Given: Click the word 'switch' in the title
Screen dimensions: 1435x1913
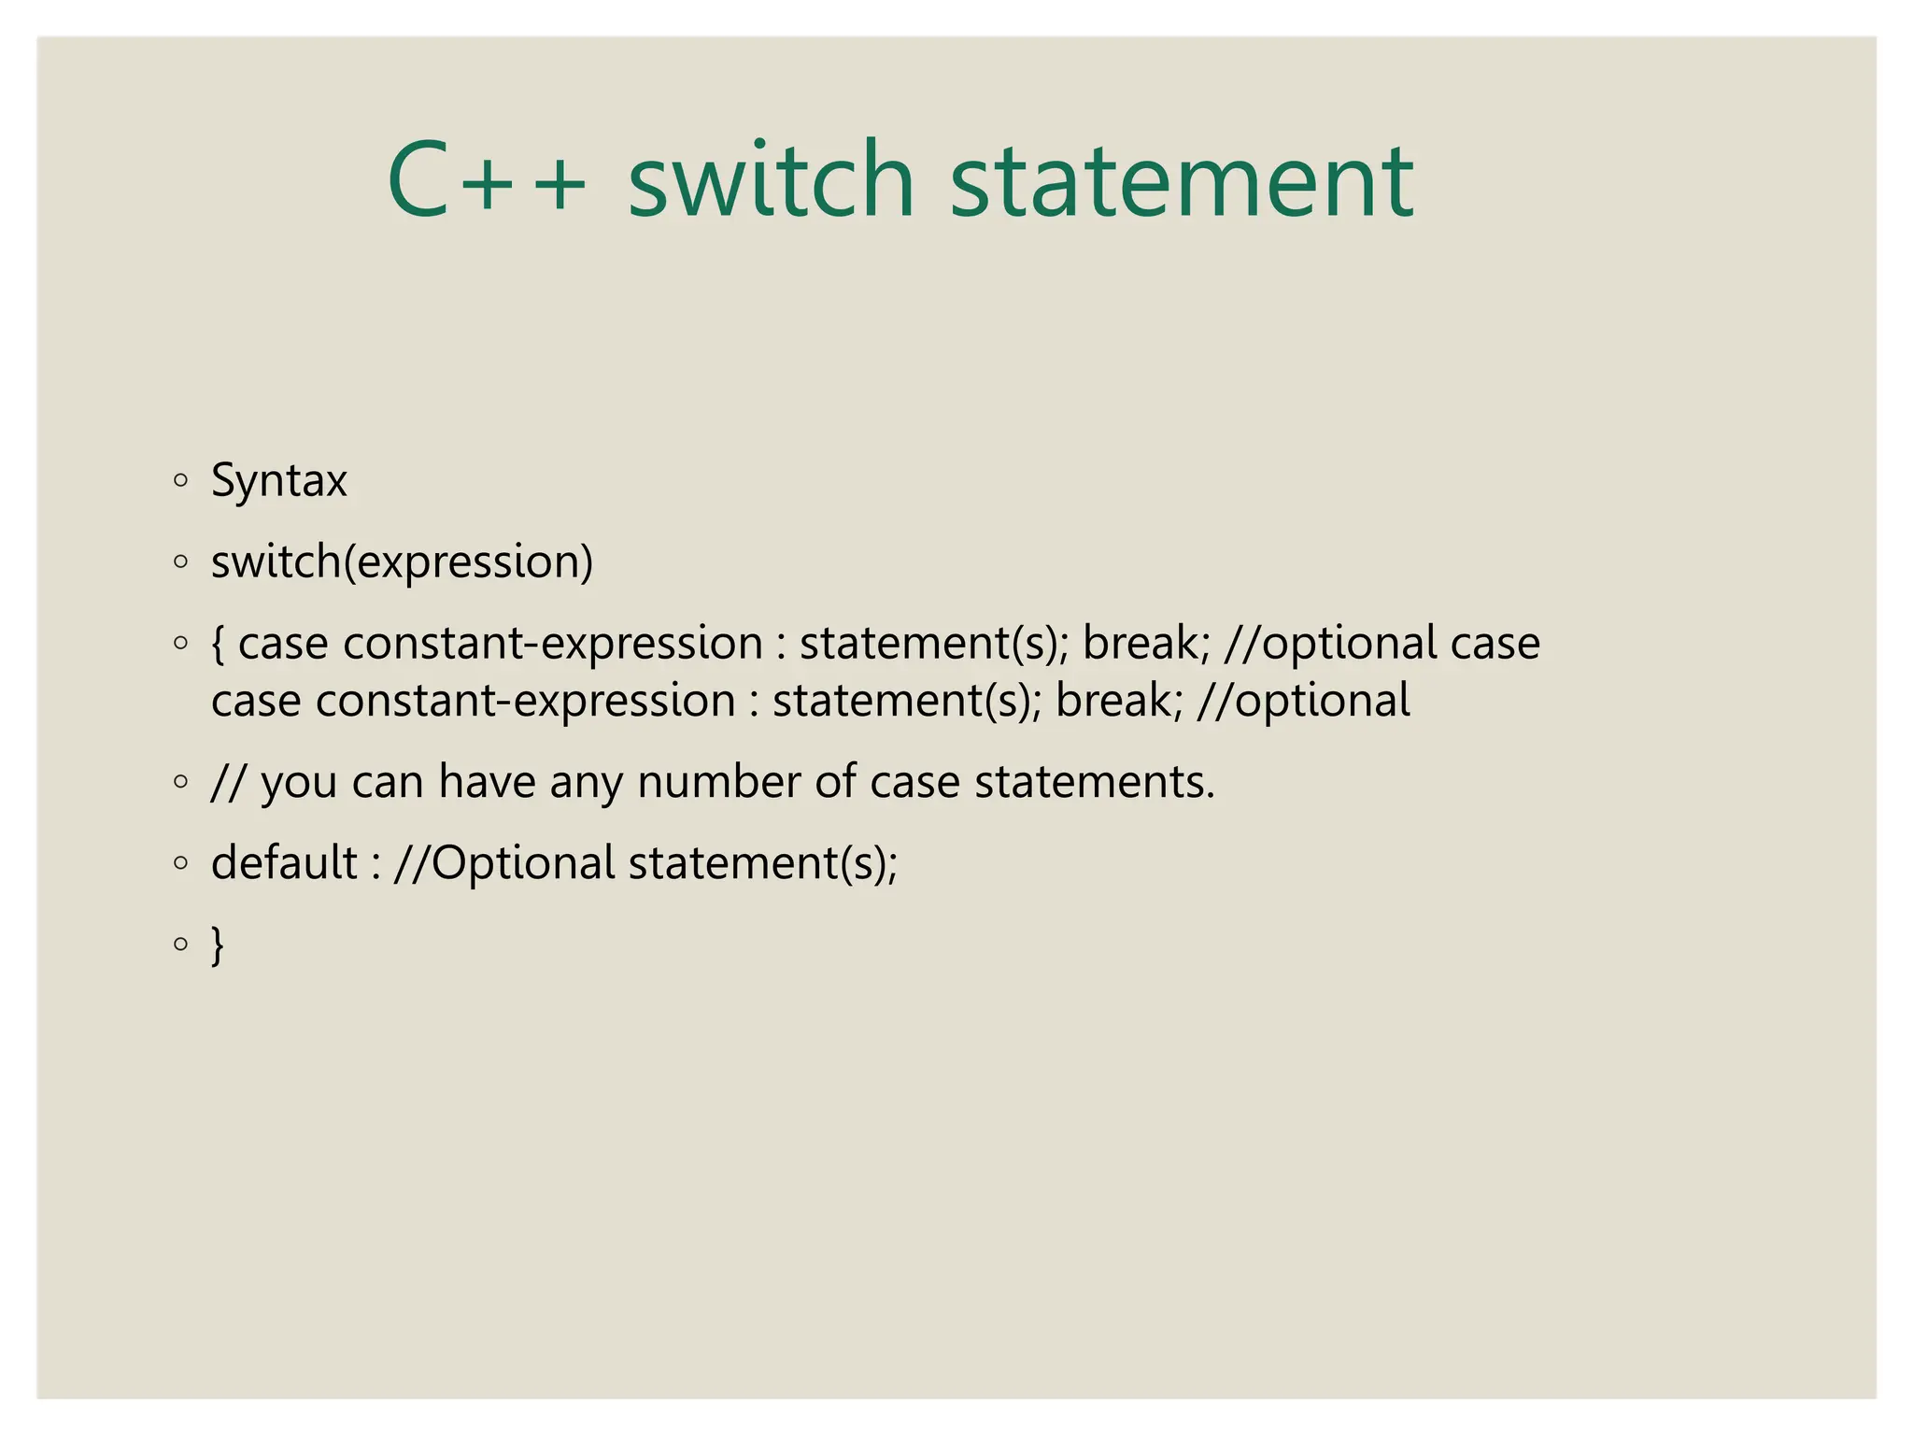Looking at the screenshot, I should pyautogui.click(x=771, y=179).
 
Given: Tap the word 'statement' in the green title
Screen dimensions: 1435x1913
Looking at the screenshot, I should pyautogui.click(x=1182, y=179).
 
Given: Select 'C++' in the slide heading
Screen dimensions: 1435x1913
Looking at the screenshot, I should pyautogui.click(x=487, y=179).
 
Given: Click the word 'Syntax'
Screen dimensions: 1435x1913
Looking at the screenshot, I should pyautogui.click(x=279, y=481).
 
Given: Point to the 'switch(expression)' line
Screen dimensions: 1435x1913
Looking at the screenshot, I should pyautogui.click(x=402, y=562).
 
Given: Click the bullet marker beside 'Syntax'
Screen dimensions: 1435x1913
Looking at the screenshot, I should pyautogui.click(x=181, y=481).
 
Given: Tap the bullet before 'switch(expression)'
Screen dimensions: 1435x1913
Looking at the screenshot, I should pyautogui.click(x=181, y=562).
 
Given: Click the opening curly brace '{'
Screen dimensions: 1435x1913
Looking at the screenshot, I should pyautogui.click(x=219, y=644).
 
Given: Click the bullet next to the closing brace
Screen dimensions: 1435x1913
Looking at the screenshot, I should pyautogui.click(x=181, y=944).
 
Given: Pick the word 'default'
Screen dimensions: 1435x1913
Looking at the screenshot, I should pyautogui.click(x=284, y=862).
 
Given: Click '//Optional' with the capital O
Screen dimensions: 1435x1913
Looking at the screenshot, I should pyautogui.click(x=504, y=862).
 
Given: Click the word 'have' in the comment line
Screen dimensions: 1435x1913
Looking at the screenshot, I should pyautogui.click(x=487, y=782).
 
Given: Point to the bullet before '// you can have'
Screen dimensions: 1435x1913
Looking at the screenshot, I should pyautogui.click(x=181, y=782).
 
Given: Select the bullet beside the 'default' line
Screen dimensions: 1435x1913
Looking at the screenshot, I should pyautogui.click(x=181, y=863).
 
